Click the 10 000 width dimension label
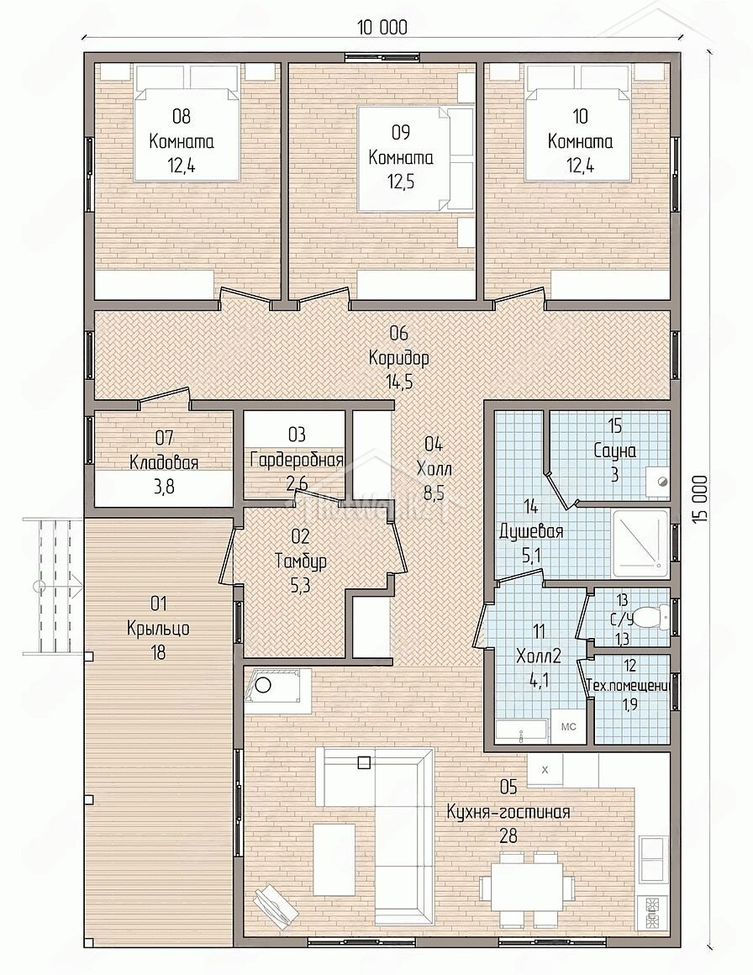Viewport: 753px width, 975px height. tap(383, 28)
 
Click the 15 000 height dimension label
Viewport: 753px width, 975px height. tap(703, 502)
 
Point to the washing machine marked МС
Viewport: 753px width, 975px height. tap(568, 726)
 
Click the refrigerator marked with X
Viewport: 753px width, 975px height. tap(545, 770)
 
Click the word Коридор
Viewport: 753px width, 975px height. tap(398, 358)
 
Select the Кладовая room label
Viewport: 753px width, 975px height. tap(164, 462)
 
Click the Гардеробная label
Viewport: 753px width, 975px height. tap(297, 460)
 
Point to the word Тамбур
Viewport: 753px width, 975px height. tap(300, 561)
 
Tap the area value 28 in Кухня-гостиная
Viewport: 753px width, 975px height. tap(508, 835)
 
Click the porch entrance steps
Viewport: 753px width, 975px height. tap(54, 586)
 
